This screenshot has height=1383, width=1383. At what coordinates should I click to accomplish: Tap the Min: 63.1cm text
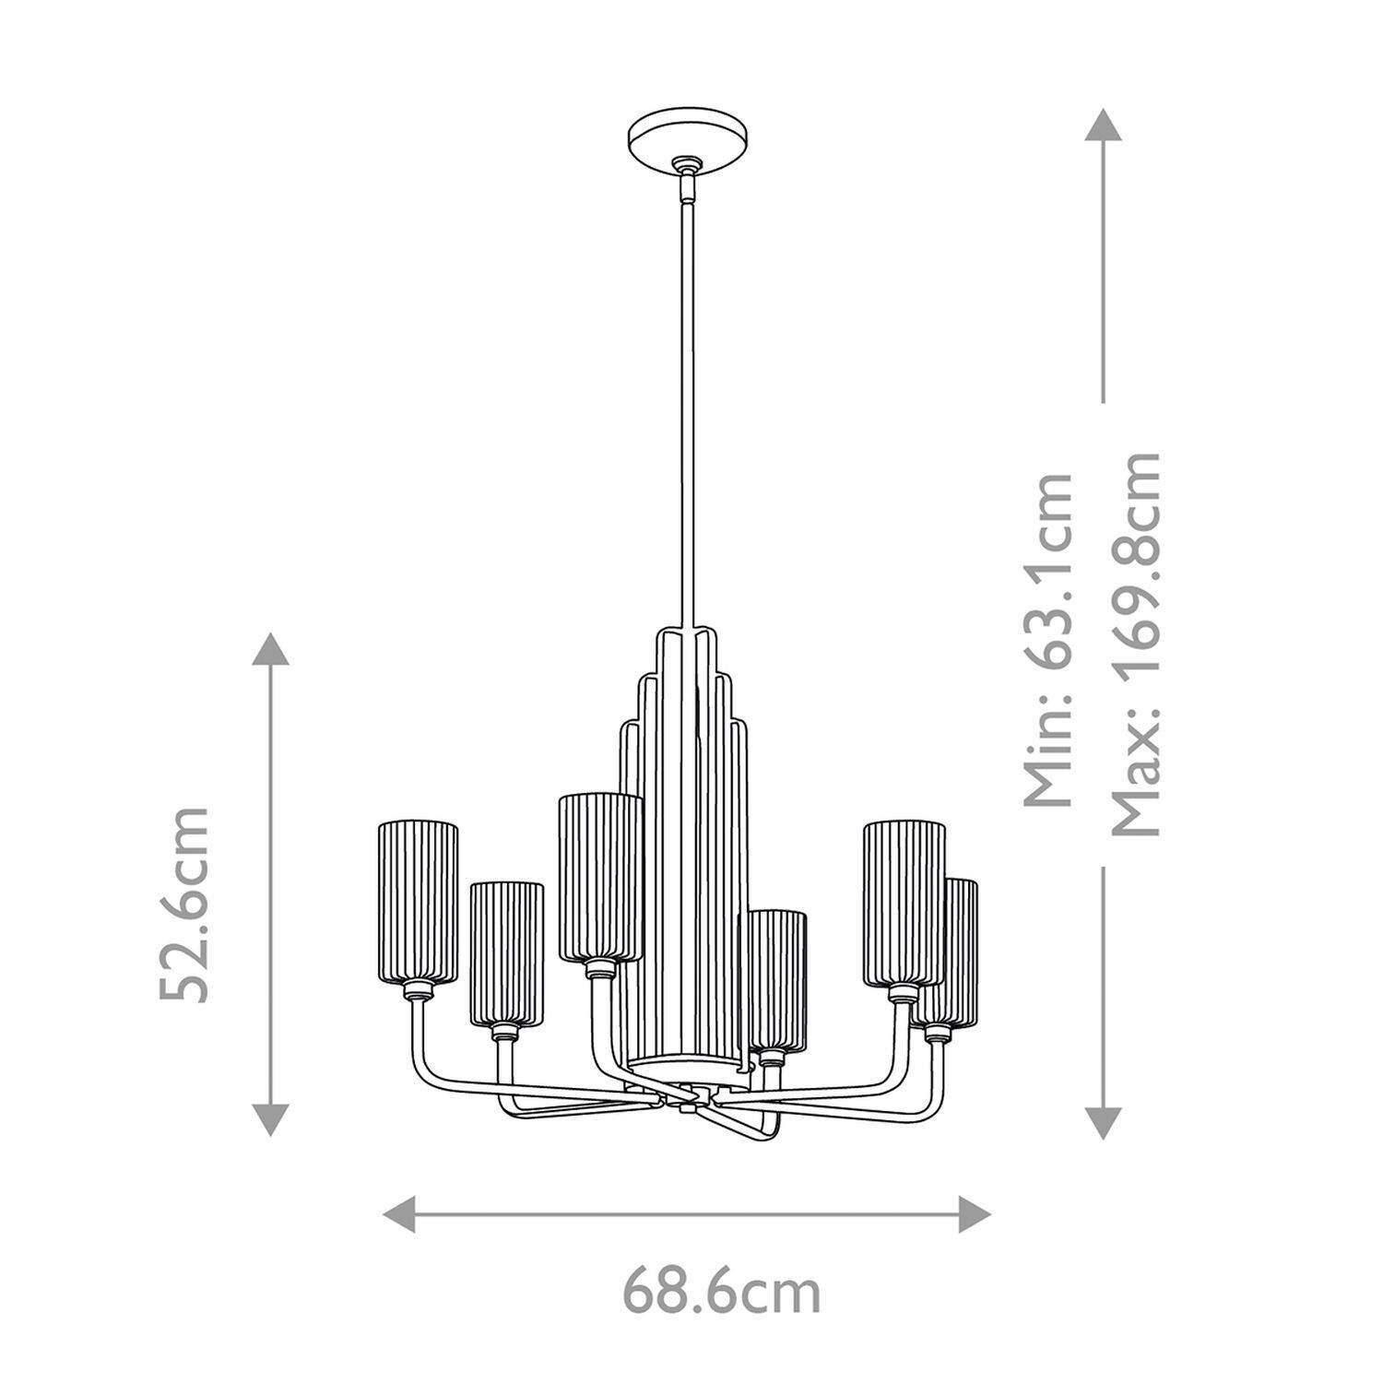(1051, 641)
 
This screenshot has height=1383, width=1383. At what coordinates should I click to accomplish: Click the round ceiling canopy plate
(687, 139)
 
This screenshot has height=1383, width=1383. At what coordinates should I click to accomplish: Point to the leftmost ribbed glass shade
(418, 901)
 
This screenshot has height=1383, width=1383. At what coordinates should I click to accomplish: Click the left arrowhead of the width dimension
(398, 1213)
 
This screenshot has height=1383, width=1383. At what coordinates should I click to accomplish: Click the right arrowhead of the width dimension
(975, 1213)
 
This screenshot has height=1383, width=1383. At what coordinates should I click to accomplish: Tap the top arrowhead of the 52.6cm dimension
(270, 648)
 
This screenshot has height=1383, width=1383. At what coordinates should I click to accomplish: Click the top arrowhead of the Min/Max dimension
(1103, 124)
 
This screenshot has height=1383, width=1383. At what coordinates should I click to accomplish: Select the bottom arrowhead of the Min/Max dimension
(1103, 1122)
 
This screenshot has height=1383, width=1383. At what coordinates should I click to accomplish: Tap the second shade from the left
(506, 954)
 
